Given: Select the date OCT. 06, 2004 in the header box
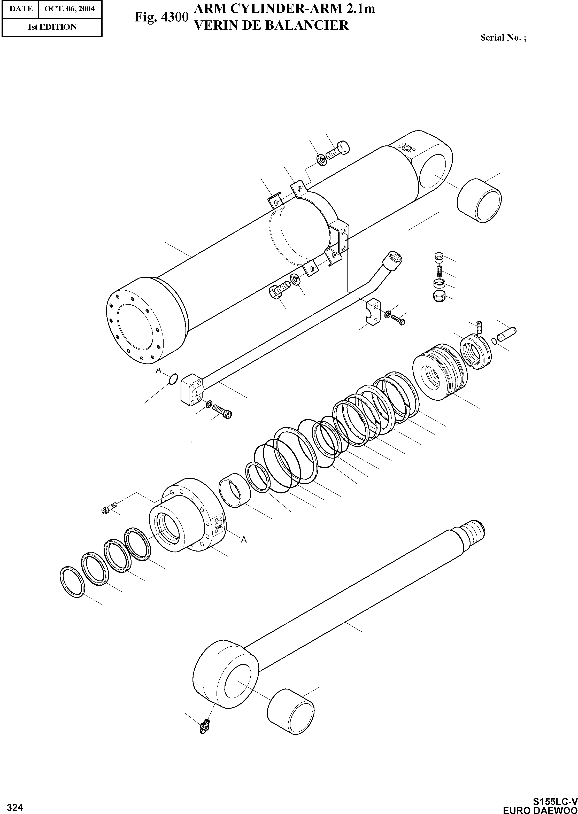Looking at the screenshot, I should click(70, 9).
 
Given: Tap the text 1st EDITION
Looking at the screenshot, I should click(52, 27).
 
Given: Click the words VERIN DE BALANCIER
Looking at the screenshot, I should click(271, 25).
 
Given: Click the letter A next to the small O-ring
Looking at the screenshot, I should click(158, 370).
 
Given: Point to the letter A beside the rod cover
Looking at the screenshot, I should click(244, 540).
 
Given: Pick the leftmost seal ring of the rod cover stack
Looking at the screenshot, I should click(72, 582).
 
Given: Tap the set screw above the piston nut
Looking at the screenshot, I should click(479, 326).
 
